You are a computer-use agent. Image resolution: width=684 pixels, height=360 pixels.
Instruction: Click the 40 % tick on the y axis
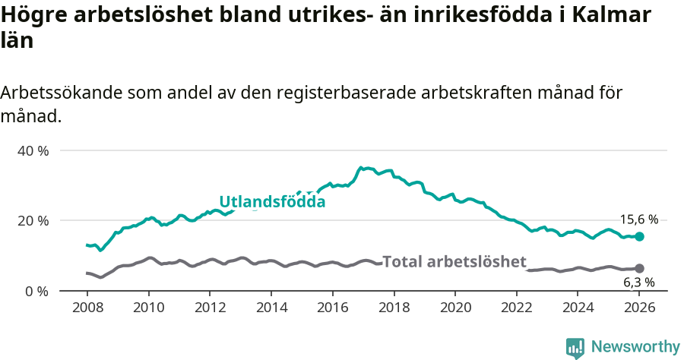(x=33, y=150)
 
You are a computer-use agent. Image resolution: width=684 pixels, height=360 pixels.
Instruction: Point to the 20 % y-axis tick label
(x=33, y=220)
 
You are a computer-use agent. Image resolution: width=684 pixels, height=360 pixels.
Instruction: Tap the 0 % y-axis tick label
(x=36, y=291)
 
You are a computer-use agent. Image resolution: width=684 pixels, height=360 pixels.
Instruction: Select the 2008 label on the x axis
(x=87, y=308)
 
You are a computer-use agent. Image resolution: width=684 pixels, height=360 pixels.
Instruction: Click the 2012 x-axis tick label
(x=210, y=308)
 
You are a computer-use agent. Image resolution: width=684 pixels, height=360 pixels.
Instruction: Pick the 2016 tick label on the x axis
(x=332, y=308)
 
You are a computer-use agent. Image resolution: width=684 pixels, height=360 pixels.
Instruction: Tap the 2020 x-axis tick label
(x=455, y=308)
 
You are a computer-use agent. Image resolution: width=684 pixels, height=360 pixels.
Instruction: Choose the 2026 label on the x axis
(x=639, y=308)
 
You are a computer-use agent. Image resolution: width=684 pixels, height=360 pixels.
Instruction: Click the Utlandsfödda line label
(x=272, y=202)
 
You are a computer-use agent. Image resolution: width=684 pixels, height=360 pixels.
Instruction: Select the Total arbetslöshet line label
(x=454, y=262)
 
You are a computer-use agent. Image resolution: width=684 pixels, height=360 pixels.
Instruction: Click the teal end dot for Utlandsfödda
(x=640, y=237)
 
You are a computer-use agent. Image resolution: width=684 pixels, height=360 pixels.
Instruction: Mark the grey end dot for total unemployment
(x=640, y=269)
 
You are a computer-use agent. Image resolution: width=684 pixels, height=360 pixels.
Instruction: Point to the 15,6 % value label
(x=639, y=219)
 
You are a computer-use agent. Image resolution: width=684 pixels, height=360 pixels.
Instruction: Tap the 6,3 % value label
(x=639, y=283)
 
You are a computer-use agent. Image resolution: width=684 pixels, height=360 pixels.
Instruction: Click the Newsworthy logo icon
(x=575, y=347)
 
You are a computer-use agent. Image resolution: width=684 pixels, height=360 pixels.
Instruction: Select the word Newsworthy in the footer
(x=635, y=347)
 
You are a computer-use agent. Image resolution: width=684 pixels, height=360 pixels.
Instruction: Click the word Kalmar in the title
(x=616, y=15)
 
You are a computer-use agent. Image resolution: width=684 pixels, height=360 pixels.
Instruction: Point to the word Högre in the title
(x=33, y=15)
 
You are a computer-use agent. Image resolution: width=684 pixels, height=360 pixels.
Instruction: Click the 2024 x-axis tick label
(x=578, y=308)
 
